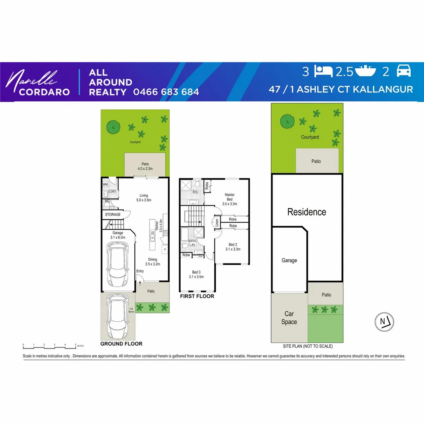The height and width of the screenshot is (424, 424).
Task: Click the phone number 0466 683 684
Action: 166,92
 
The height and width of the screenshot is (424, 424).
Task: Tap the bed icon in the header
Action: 324,71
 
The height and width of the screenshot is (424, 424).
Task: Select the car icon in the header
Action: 404,71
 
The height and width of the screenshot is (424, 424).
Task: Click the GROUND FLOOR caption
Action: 121,344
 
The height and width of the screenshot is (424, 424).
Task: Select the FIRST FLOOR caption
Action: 197,296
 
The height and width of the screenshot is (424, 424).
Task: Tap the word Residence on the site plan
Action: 307,212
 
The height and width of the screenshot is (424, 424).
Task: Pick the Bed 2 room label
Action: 232,247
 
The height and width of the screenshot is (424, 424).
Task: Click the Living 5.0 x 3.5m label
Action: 144,197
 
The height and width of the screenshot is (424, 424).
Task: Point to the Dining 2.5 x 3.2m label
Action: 152,261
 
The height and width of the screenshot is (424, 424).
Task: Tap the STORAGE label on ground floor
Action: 113,215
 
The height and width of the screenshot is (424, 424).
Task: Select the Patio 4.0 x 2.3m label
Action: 145,166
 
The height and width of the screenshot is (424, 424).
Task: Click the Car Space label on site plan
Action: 289,318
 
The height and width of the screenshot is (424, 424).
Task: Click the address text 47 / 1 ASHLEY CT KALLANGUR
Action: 340,89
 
